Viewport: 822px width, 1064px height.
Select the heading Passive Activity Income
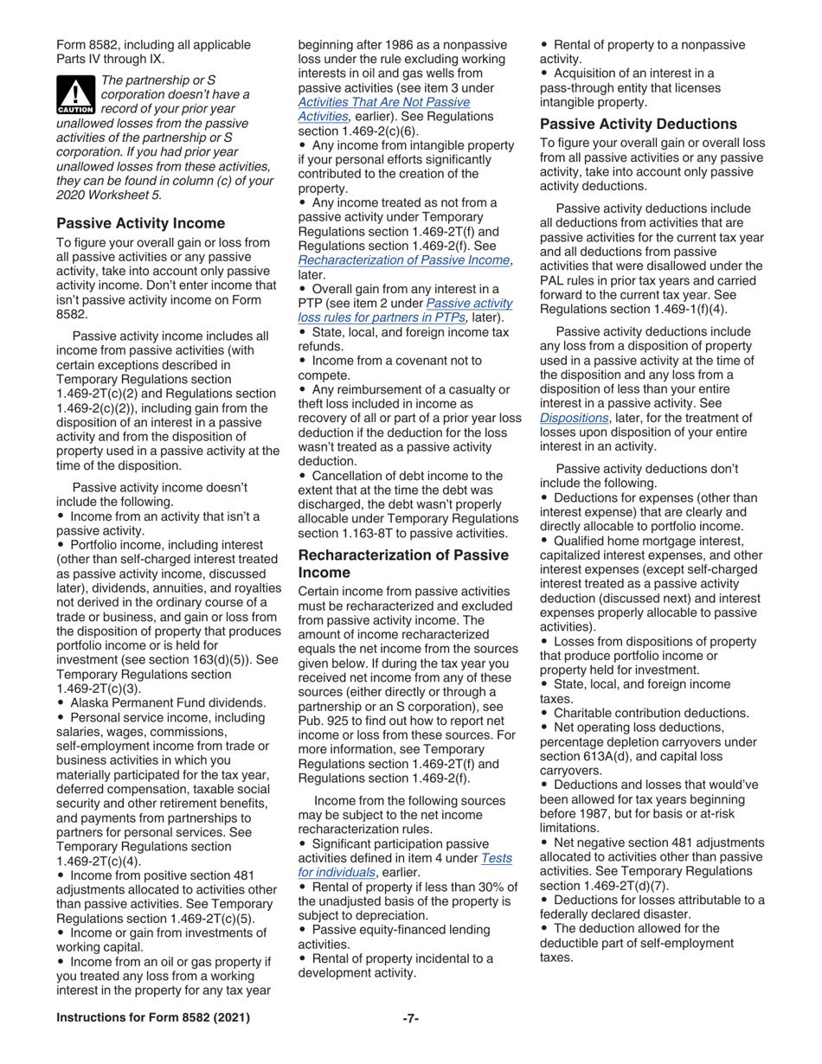140,223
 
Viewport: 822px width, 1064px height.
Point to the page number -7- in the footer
410,1018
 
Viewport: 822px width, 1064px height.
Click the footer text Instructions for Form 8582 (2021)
153,1018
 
